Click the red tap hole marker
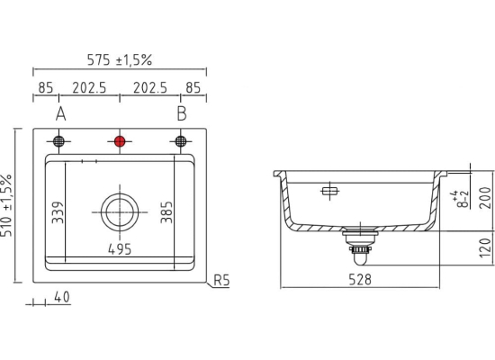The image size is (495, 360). click(120, 141)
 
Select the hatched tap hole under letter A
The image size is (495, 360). click(58, 140)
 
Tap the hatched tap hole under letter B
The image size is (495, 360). click(181, 140)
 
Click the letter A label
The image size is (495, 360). click(61, 114)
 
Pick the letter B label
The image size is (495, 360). click(182, 114)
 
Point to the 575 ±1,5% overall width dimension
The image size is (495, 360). click(120, 60)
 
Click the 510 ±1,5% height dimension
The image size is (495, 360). click(6, 205)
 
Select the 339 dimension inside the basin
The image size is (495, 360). click(58, 212)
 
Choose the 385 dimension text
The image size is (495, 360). click(166, 212)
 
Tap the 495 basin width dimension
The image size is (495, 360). click(120, 249)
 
